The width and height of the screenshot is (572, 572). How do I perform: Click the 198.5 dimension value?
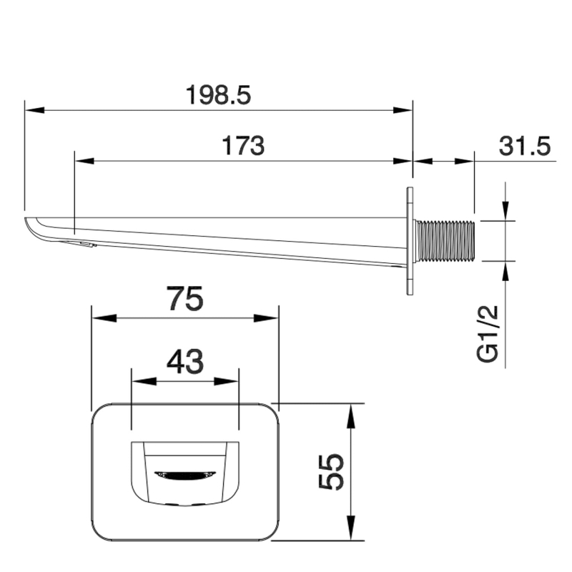click(218, 95)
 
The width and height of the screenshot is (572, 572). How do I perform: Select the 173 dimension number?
click(243, 146)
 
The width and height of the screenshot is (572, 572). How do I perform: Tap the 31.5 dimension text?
click(525, 146)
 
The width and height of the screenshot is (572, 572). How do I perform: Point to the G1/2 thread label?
click(488, 334)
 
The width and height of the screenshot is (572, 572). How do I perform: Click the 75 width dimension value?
click(185, 298)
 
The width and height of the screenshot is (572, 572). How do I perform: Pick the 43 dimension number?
click(185, 362)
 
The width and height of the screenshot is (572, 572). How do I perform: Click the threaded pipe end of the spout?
click(445, 241)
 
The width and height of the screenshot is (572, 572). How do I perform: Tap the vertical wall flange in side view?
click(410, 241)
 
